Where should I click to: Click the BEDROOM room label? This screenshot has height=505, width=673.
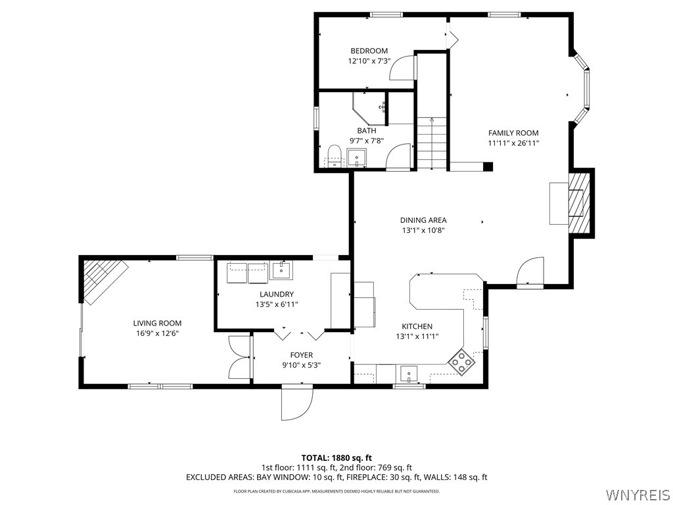coord(369,51)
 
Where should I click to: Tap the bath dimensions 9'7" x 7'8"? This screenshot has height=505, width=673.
coord(367,140)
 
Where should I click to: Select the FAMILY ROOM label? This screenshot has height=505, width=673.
coord(513,133)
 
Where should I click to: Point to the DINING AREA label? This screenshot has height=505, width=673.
coord(423,220)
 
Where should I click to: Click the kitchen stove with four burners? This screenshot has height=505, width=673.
coord(461,362)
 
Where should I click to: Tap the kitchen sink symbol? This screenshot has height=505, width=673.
coord(408,374)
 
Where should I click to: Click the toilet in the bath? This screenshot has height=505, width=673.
coord(335,156)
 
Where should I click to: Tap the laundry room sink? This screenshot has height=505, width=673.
coord(282,270)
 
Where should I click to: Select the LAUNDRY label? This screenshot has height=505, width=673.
coord(276,294)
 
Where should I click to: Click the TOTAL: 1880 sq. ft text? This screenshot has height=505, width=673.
coord(336,458)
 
